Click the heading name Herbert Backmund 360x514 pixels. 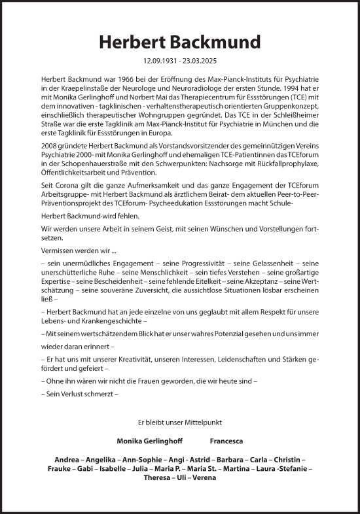coord(179,42)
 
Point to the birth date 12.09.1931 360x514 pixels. coord(158,60)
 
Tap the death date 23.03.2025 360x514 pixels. coord(201,60)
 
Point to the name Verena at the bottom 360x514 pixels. coord(204,477)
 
